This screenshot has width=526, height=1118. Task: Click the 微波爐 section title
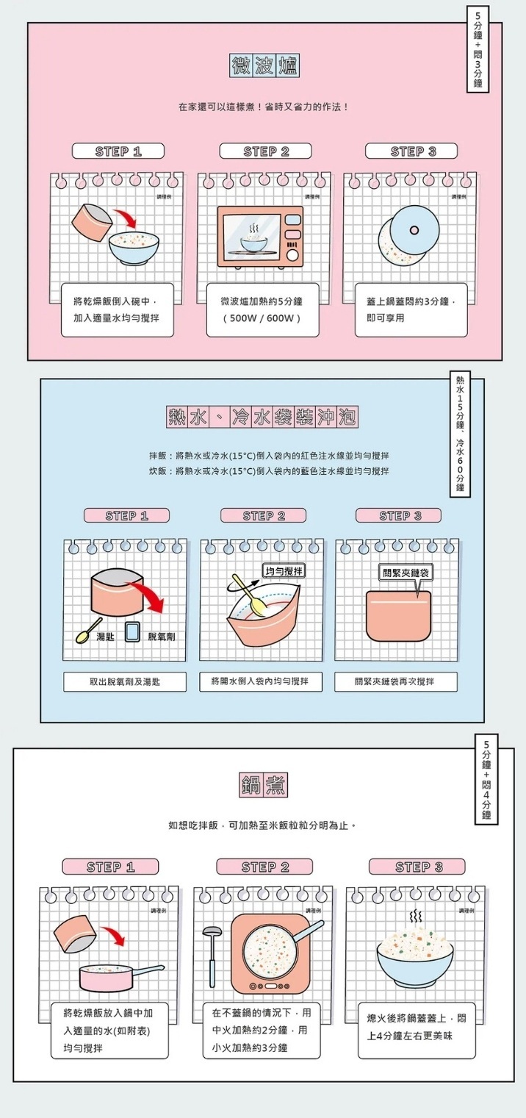coord(263,66)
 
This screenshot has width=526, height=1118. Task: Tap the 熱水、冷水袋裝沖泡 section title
coord(262,418)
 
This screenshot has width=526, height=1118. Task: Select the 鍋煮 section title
coord(263,785)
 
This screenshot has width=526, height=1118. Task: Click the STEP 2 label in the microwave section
coord(266,151)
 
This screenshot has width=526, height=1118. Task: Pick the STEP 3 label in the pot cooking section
coord(419,867)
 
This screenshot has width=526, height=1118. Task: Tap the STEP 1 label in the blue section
coord(126,515)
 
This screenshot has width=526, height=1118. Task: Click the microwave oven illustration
coord(260,237)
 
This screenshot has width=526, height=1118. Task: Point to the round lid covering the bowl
coord(414,229)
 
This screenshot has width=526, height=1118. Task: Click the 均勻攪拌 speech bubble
coord(284,571)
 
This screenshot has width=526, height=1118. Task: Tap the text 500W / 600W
coord(262,319)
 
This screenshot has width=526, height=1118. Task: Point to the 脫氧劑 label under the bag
coord(162,636)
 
